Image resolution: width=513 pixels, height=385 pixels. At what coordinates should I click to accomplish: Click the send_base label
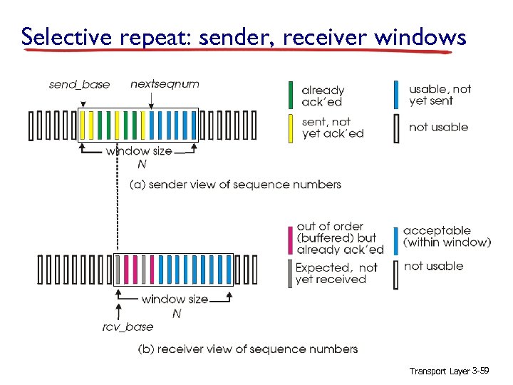79,85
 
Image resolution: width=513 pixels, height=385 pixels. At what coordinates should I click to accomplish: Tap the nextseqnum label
165,84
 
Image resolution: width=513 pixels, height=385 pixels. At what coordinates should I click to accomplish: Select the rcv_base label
127,327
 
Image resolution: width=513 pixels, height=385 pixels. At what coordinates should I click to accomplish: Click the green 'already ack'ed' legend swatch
290,96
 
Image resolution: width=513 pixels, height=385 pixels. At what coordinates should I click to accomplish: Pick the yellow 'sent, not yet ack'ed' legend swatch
290,128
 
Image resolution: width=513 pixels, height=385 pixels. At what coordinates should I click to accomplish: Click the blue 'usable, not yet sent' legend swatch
396,96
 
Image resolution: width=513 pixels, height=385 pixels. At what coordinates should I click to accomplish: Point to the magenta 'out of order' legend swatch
290,239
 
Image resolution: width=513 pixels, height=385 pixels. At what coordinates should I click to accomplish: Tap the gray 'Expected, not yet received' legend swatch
290,273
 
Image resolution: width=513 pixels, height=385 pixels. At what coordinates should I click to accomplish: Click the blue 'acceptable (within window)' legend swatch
396,239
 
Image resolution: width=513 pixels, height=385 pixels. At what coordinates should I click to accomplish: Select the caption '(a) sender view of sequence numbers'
235,185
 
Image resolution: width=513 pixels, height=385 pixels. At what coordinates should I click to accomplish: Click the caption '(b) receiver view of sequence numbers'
247,349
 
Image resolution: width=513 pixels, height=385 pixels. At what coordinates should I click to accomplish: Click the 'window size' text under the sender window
138,151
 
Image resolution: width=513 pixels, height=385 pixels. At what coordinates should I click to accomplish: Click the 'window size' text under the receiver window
175,299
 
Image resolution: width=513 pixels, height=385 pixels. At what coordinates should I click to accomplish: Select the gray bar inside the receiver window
143,269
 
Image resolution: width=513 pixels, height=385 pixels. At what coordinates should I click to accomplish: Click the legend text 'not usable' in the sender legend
438,127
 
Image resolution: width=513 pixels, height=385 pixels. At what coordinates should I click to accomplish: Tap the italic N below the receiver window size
177,313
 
